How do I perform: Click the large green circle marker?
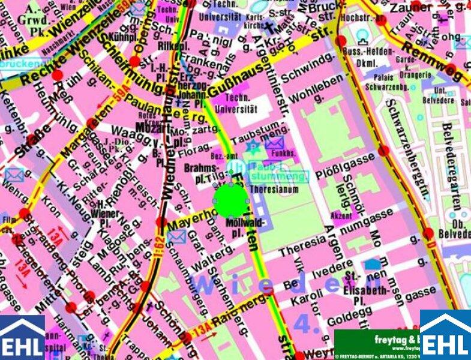click(x=230, y=200)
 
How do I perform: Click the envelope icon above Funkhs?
click(x=274, y=143)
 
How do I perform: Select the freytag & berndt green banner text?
click(x=377, y=340)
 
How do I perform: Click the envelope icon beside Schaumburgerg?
click(x=176, y=236)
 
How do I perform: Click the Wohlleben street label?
click(x=312, y=90)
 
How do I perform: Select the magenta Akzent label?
click(x=341, y=214)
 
